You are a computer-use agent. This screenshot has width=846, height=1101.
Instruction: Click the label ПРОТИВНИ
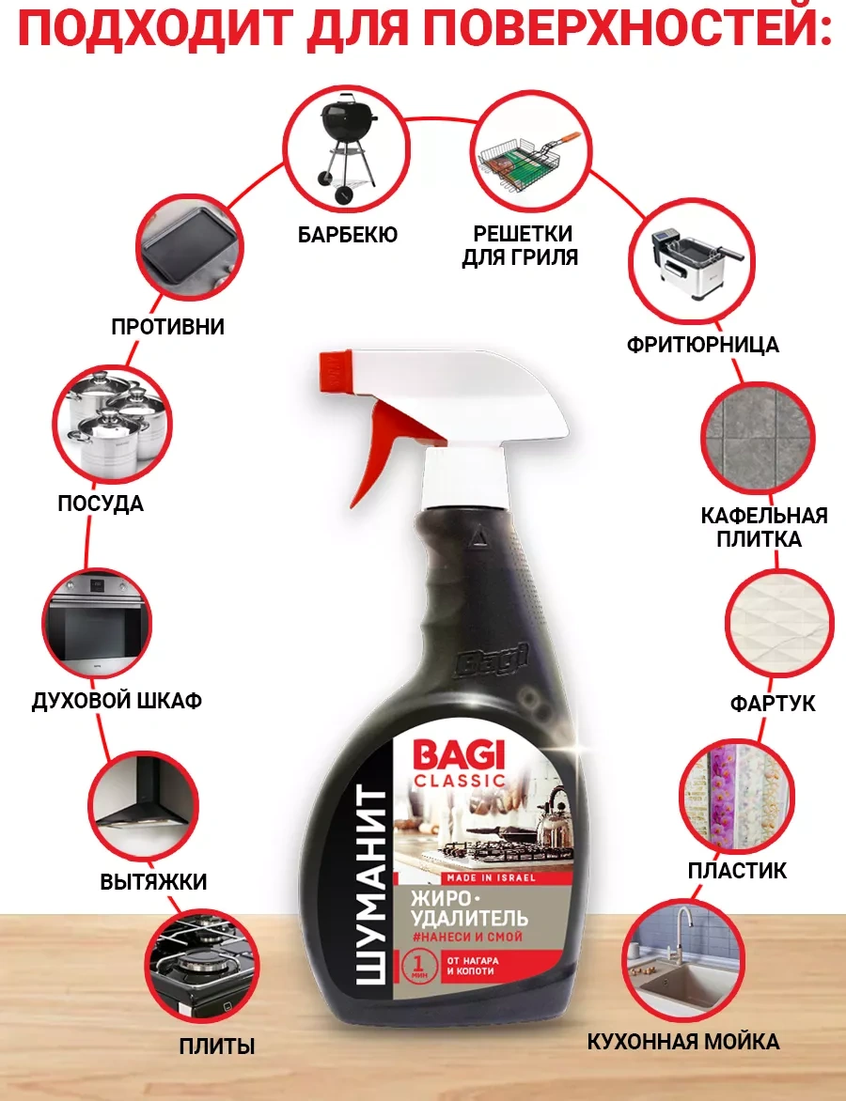168,327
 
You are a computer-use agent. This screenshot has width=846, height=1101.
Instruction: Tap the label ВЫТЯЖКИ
154,881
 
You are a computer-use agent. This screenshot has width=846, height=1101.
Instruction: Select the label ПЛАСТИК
737,870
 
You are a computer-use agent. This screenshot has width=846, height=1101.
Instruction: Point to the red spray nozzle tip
335,369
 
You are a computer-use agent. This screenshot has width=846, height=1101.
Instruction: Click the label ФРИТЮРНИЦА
703,345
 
